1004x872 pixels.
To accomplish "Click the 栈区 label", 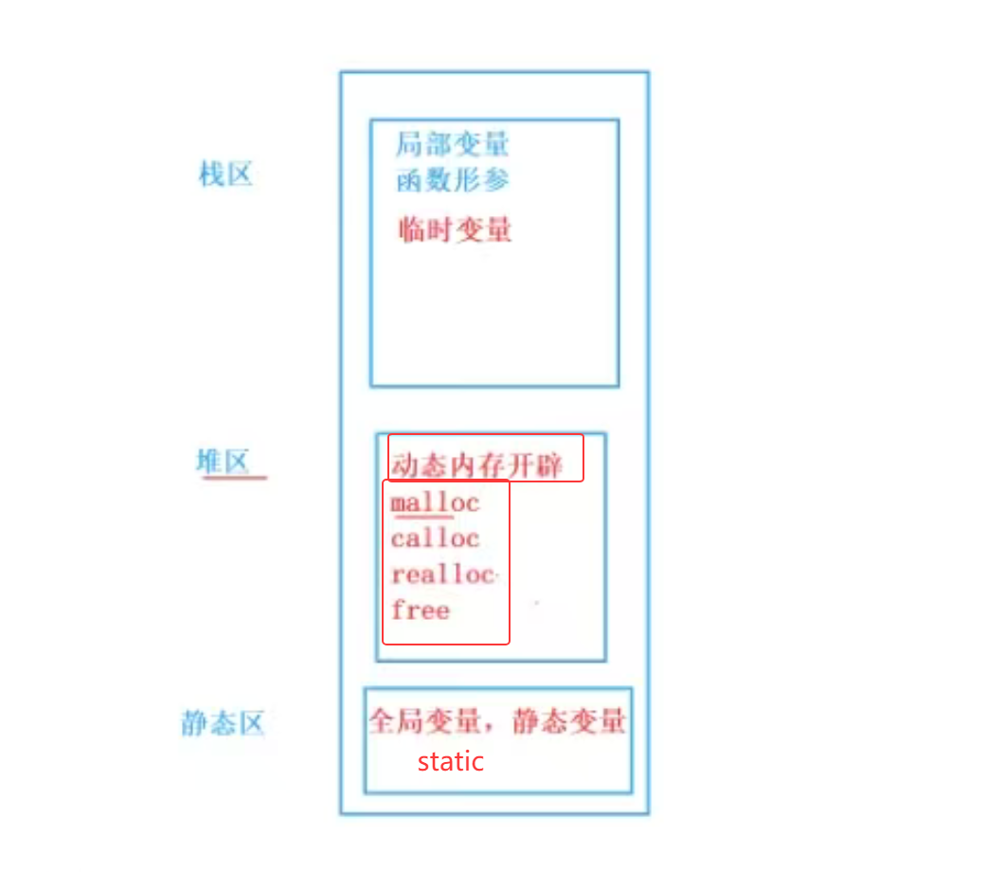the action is point(225,174).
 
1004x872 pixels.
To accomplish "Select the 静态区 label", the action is point(223,724).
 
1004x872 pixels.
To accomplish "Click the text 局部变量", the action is point(453,144).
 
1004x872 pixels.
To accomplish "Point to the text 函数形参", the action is point(453,179).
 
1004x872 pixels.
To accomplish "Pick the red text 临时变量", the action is point(455,229).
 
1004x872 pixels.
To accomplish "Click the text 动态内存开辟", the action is point(476,465).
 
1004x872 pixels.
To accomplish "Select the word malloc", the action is point(435,502).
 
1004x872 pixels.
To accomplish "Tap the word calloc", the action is point(435,538).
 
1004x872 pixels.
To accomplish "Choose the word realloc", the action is point(442,574).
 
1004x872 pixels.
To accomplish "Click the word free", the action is point(420,610).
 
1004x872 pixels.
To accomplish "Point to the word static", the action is point(451,761).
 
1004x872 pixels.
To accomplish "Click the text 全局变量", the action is point(424,722).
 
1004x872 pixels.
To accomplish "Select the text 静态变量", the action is point(569,722).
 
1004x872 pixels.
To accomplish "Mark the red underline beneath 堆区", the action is point(235,477).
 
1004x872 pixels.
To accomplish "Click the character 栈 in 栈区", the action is point(210,174).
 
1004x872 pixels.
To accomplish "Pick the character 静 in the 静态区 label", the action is point(193,724).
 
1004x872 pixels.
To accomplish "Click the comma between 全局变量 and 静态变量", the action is point(495,728).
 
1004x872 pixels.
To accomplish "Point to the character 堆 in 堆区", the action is point(208,462).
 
